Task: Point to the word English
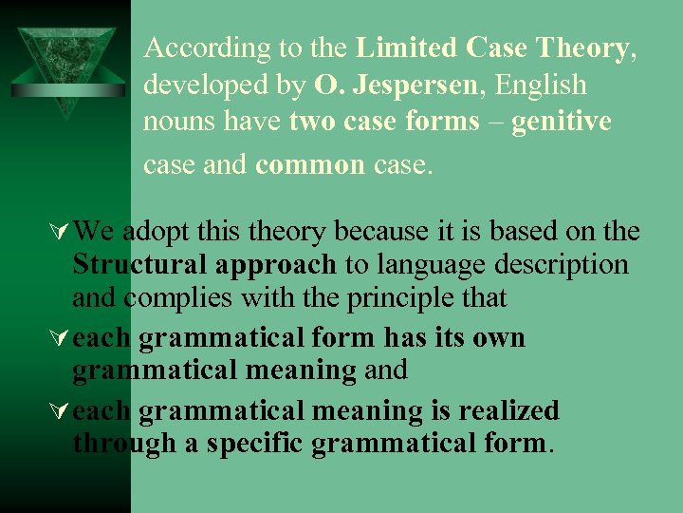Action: coord(543,85)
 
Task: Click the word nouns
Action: coord(178,123)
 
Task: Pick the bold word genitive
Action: coord(562,123)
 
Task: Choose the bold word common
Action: coord(310,164)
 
